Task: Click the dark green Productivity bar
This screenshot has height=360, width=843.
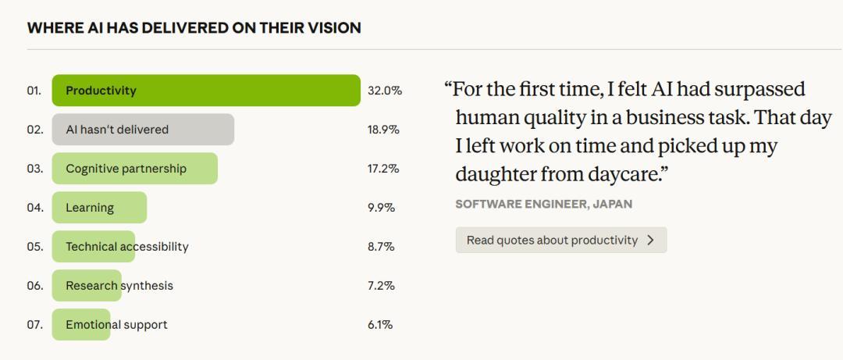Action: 206,91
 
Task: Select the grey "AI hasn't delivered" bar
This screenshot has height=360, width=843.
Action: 143,130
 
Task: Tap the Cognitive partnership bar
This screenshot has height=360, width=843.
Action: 134,169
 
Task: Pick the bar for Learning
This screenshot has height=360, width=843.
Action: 99,208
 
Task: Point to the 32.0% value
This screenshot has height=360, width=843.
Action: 385,91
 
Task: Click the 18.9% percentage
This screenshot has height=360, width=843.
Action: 383,130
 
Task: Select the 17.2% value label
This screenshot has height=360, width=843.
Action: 383,169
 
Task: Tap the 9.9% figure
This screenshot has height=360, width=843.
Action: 381,208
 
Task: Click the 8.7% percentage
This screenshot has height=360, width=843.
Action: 381,247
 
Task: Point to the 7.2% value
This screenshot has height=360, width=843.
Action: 381,286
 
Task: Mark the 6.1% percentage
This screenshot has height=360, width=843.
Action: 380,325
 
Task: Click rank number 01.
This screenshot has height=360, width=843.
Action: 34,91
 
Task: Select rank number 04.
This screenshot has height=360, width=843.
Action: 34,208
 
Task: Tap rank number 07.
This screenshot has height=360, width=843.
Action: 34,325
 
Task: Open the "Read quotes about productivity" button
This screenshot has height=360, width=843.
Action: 552,241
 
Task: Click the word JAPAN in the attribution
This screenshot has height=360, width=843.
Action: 613,204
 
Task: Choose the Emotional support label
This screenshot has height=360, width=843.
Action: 116,325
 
